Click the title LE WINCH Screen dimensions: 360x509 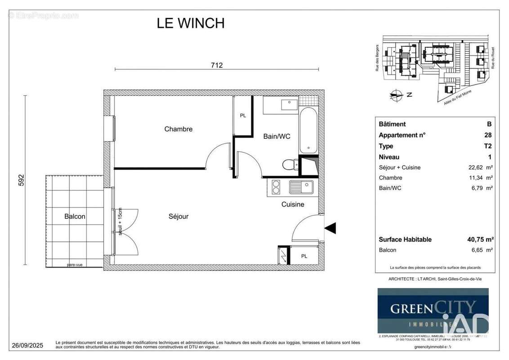[x=191, y=23]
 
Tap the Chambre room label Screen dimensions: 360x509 [x=178, y=129]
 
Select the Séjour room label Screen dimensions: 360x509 [x=179, y=216]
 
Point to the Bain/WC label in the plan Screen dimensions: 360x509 [x=277, y=136]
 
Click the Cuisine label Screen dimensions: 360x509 [x=293, y=204]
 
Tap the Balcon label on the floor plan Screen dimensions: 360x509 [x=75, y=216]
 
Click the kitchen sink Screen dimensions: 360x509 [x=301, y=186]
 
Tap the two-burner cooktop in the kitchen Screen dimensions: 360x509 [x=275, y=186]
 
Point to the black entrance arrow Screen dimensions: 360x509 [x=330, y=229]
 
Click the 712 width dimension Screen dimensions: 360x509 [x=217, y=65]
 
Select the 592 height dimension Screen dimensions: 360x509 [x=20, y=180]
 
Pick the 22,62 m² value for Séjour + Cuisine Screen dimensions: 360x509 [x=477, y=167]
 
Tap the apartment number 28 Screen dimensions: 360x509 [x=488, y=135]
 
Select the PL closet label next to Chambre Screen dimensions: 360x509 [x=243, y=116]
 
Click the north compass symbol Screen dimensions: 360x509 [x=396, y=95]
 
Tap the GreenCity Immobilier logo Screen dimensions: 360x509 [x=433, y=310]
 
